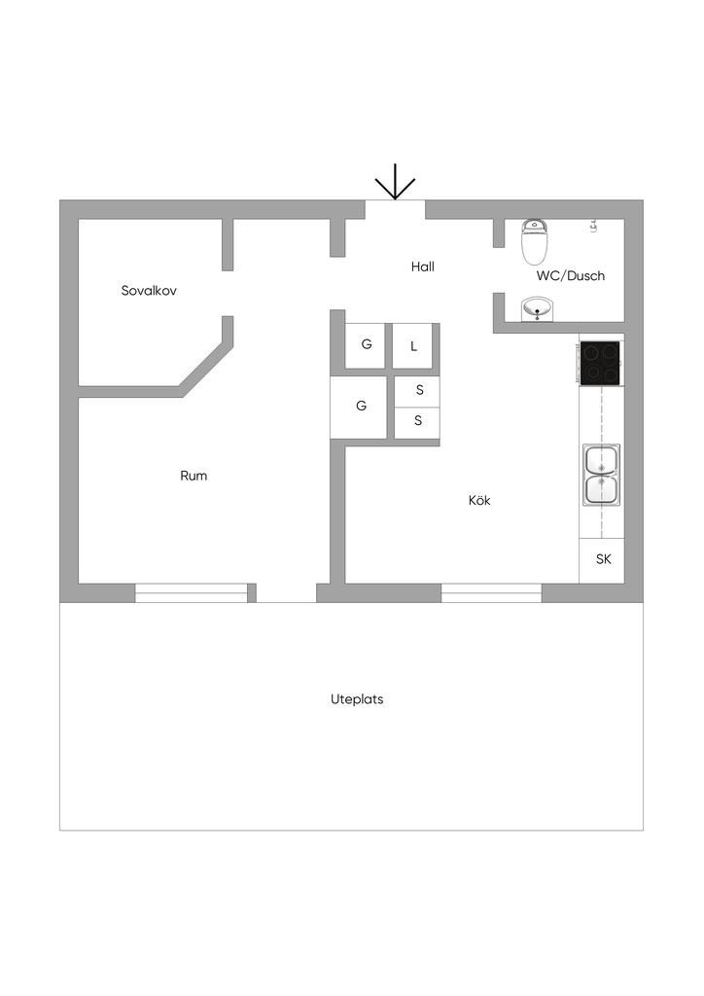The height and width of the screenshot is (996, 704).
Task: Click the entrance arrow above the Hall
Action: [x=395, y=183]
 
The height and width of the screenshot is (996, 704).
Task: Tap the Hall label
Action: [x=422, y=267]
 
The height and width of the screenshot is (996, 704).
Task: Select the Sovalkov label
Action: [x=149, y=290]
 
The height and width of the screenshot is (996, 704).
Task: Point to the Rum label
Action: [x=194, y=476]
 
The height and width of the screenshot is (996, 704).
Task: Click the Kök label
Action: [x=479, y=500]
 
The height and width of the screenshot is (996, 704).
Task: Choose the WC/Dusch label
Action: [x=571, y=275]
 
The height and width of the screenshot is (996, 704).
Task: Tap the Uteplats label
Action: [x=357, y=698]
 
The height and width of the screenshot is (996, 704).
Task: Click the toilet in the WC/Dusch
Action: [x=534, y=241]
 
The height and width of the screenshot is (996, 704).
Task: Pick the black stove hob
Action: [x=601, y=362]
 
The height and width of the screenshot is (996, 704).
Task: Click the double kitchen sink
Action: [x=601, y=475]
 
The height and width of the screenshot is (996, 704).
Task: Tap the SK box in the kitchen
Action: [x=603, y=559]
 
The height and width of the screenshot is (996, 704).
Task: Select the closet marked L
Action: [x=413, y=346]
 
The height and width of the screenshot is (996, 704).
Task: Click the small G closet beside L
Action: [x=366, y=345]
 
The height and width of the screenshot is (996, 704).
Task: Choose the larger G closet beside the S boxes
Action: [x=361, y=407]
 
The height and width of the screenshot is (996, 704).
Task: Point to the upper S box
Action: [x=418, y=390]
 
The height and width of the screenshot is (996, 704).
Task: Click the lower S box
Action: [x=418, y=421]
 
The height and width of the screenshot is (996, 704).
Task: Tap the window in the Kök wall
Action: [x=491, y=591]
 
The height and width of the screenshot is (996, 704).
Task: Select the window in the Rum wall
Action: [x=191, y=591]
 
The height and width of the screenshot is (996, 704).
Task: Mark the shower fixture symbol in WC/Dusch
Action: [x=592, y=227]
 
